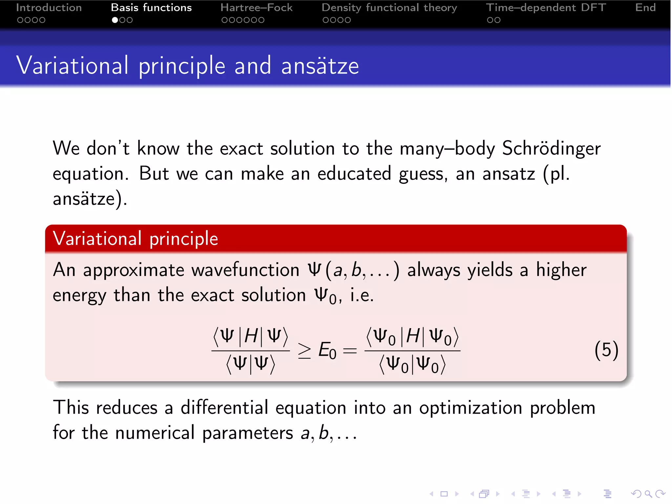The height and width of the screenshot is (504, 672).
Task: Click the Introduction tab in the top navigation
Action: pyautogui.click(x=49, y=8)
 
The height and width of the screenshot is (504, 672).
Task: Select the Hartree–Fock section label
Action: pyautogui.click(x=256, y=8)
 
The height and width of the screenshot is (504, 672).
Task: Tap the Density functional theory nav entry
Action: pyautogui.click(x=389, y=8)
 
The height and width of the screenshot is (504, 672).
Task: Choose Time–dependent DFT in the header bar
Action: pyautogui.click(x=546, y=8)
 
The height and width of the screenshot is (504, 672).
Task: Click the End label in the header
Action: pyautogui.click(x=645, y=8)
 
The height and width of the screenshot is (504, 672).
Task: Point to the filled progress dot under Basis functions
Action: pyautogui.click(x=115, y=20)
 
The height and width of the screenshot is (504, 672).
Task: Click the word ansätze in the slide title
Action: pyautogui.click(x=320, y=66)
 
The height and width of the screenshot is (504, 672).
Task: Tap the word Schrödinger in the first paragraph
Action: pyautogui.click(x=551, y=148)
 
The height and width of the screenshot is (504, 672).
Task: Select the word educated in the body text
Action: pyautogui.click(x=354, y=174)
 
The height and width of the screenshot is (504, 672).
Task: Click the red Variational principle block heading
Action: pyautogui.click(x=135, y=239)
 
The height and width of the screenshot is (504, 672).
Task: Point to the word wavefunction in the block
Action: pyautogui.click(x=245, y=270)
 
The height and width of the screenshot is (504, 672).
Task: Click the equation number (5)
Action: pyautogui.click(x=606, y=350)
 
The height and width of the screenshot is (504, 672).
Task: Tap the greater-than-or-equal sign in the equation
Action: pyautogui.click(x=304, y=350)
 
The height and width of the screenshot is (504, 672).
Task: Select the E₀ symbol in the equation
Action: pyautogui.click(x=327, y=350)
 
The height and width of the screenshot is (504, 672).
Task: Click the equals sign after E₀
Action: pyautogui.click(x=350, y=350)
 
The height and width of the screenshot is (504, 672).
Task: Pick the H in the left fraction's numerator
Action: pyautogui.click(x=251, y=336)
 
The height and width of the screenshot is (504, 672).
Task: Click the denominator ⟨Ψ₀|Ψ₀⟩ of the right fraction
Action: pyautogui.click(x=412, y=365)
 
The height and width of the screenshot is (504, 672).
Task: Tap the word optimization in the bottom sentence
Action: pyautogui.click(x=471, y=408)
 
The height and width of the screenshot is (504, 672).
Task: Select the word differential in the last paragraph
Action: pyautogui.click(x=224, y=408)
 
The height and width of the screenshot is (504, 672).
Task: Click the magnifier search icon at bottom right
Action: pyautogui.click(x=648, y=493)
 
